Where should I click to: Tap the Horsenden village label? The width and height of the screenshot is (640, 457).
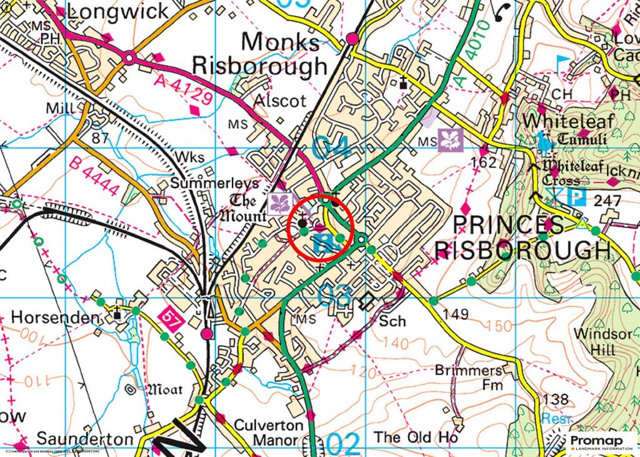[x=56, y=318]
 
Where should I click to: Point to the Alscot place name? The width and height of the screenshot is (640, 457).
[x=280, y=101]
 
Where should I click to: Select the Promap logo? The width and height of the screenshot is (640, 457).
[x=601, y=443]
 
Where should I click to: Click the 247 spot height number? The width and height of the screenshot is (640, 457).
[x=608, y=201]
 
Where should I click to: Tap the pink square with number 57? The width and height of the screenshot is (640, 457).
[x=169, y=316]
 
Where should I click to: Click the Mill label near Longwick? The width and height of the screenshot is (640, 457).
[x=61, y=108]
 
